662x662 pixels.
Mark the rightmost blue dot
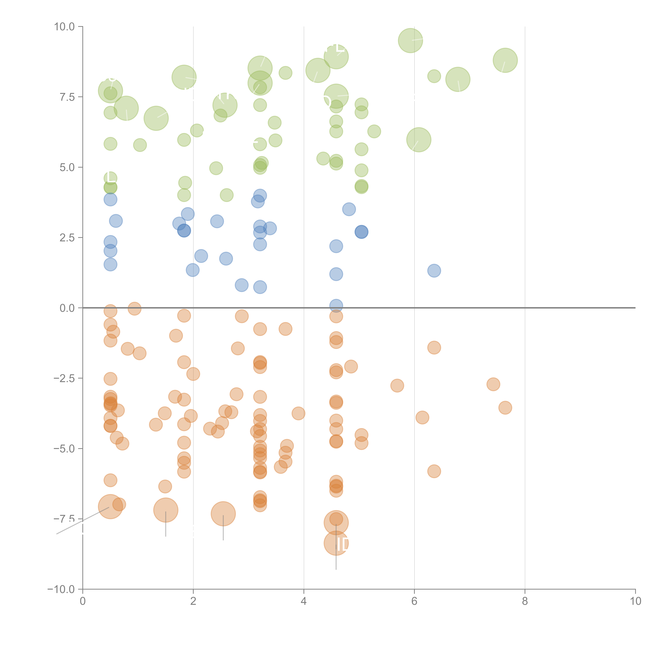coord(434,271)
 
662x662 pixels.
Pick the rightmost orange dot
coord(505,408)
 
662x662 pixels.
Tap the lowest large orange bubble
coord(336,543)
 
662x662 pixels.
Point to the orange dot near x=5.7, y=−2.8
coord(397,385)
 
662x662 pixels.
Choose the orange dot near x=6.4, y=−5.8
coord(434,471)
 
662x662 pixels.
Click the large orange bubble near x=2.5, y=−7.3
coord(223,514)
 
